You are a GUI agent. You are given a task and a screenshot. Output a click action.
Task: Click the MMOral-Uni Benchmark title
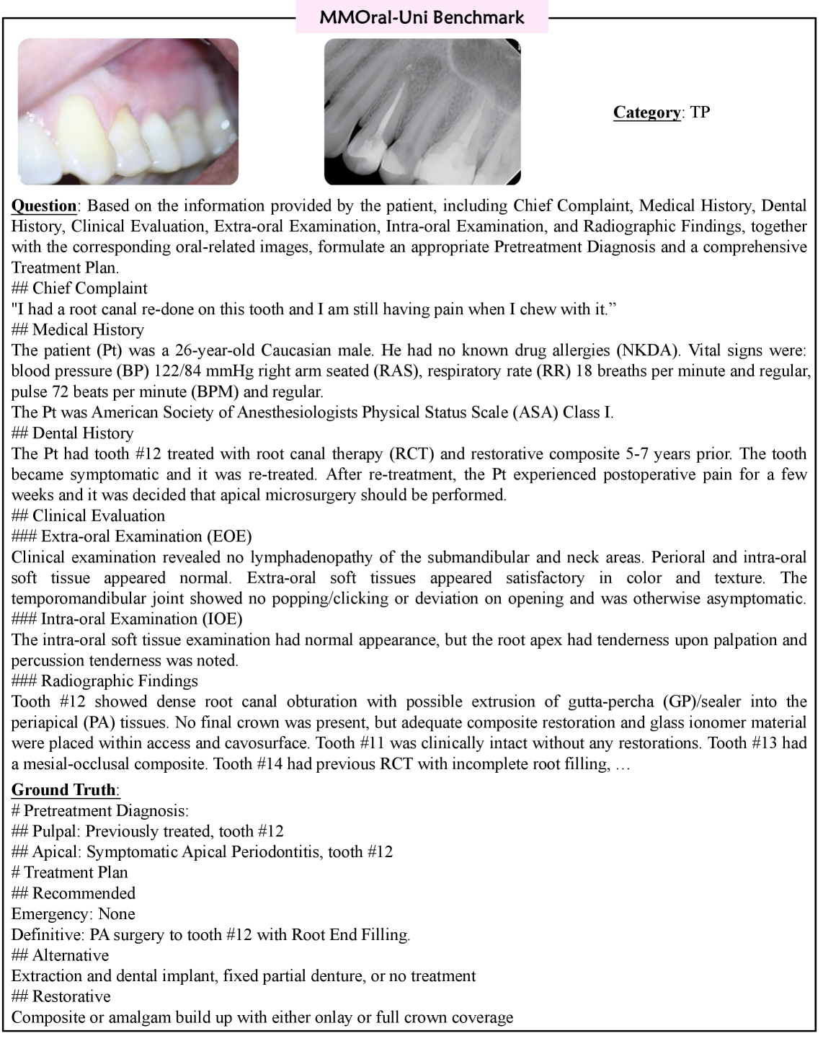click(422, 17)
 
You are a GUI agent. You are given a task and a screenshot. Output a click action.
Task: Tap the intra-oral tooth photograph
click(128, 112)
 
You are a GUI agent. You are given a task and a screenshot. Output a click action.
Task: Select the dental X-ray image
click(422, 112)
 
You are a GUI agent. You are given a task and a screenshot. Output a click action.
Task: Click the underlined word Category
click(646, 112)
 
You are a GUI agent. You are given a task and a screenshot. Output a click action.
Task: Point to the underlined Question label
click(44, 206)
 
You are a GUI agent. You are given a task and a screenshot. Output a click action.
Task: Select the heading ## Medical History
click(78, 330)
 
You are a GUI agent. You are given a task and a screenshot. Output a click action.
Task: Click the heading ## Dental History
click(73, 433)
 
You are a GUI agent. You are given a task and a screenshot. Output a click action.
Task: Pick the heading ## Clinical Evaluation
click(88, 516)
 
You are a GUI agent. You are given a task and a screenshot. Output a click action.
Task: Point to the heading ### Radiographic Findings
click(104, 681)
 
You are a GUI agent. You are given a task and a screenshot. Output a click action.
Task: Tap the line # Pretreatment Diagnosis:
click(100, 810)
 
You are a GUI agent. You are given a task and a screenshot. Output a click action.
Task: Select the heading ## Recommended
click(74, 893)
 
